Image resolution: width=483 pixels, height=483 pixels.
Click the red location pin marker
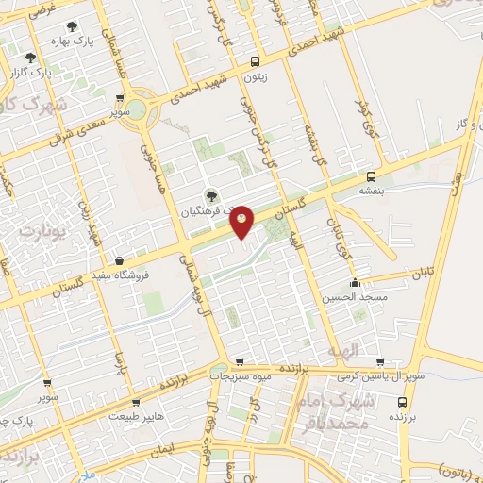[x=242, y=221]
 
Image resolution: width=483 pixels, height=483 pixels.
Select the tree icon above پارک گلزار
[x=34, y=57]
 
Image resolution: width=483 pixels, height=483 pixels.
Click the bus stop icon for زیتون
[x=256, y=61]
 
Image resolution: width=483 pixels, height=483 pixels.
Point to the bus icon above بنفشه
[x=371, y=175]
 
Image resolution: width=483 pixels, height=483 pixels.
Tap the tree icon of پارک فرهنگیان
[x=209, y=196]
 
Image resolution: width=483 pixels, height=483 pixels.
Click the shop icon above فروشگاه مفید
[x=120, y=260]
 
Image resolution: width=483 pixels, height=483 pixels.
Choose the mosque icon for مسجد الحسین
[x=355, y=283]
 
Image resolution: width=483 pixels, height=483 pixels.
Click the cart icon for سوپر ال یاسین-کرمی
[x=379, y=361]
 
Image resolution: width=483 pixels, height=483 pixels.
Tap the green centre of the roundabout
[x=137, y=108]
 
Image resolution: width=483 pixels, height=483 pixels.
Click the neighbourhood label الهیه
[x=342, y=351]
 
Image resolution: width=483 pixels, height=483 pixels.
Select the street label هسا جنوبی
[x=152, y=159]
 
